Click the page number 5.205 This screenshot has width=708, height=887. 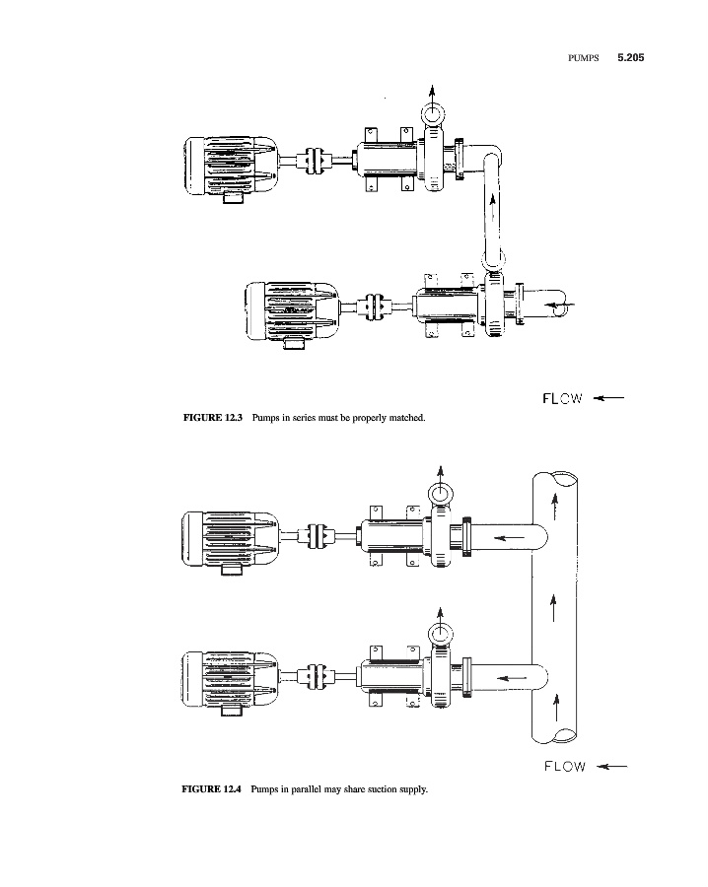tap(630, 57)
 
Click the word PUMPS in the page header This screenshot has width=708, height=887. tap(583, 58)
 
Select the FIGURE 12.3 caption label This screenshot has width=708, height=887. tap(213, 418)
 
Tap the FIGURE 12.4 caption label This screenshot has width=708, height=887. tap(211, 788)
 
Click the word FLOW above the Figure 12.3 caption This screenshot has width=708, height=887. tap(562, 399)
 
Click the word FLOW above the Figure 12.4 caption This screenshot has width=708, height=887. tap(565, 767)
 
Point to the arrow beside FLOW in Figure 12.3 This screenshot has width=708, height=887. tap(608, 398)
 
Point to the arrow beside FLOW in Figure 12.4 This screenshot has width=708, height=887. tap(611, 767)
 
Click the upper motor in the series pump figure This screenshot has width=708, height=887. tap(230, 168)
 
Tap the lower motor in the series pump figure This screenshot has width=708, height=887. tap(292, 314)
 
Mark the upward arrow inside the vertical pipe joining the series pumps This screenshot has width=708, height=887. tap(493, 209)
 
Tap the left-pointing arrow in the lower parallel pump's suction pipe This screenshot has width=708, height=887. tap(511, 677)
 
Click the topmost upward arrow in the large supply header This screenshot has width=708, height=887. tap(555, 507)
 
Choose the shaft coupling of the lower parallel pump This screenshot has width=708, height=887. tap(317, 676)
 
